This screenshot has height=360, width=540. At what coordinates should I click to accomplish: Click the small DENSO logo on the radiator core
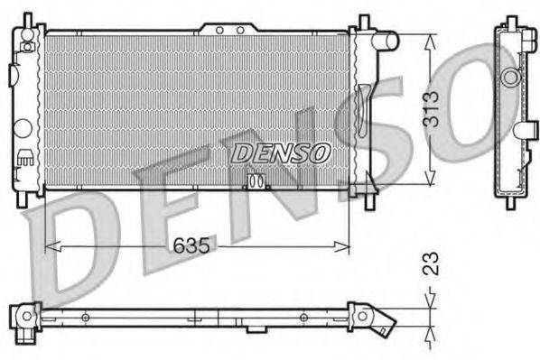(280, 153)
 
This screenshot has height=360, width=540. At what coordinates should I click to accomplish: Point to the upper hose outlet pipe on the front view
(386, 41)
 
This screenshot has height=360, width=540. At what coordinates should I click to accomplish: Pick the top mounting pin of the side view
(507, 21)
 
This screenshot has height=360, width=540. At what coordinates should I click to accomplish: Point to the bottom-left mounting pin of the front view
(29, 199)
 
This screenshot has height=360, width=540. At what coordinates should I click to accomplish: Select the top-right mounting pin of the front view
(365, 22)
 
